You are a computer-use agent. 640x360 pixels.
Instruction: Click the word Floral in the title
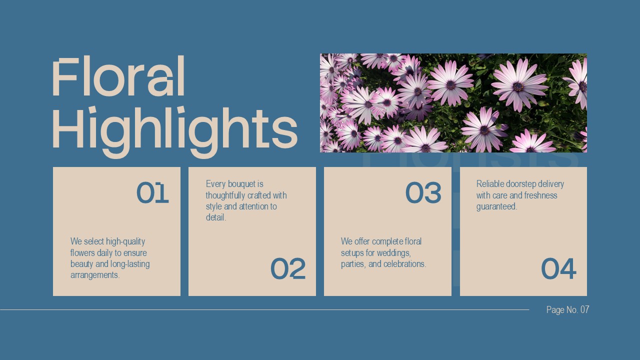[118, 77]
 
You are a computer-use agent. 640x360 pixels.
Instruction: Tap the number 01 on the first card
[152, 193]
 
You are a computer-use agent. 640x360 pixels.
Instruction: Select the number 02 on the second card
[288, 269]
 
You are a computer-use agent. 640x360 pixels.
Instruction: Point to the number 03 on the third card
[423, 193]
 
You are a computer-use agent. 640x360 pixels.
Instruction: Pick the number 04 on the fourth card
[558, 269]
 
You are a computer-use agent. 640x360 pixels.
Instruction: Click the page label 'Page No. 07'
[567, 310]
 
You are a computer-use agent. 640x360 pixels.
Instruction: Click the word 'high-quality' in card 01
[125, 242]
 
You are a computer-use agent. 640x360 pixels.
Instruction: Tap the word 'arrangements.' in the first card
[95, 275]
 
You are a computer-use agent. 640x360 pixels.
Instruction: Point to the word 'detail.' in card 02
[216, 218]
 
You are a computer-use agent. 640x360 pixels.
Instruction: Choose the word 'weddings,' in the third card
[393, 253]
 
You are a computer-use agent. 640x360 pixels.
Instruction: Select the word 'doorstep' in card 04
[521, 184]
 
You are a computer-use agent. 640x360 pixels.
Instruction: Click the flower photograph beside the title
[453, 103]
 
